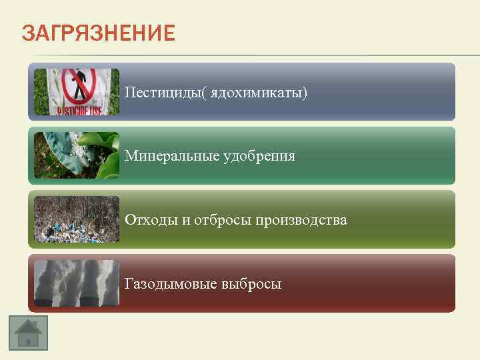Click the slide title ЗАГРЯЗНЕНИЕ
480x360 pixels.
pos(98,33)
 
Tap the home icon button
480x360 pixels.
pos(28,330)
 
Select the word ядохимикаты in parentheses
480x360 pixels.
pos(257,92)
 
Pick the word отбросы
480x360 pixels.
pos(222,220)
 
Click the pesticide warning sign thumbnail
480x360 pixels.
pos(77,92)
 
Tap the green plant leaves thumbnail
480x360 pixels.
pos(77,155)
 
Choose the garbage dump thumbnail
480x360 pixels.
pos(77,219)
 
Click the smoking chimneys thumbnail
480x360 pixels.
pos(77,283)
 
